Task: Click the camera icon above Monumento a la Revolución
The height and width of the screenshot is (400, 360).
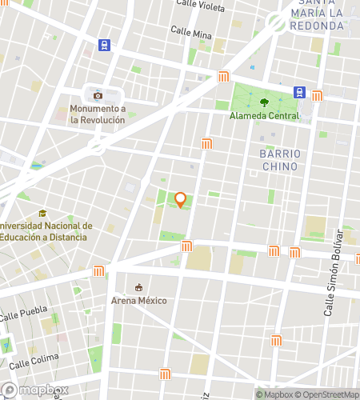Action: pos(98,94)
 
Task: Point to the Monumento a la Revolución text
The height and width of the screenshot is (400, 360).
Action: pos(98,114)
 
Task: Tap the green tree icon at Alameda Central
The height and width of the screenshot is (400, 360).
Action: pos(264,102)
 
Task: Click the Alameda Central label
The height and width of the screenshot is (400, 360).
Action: pos(264,116)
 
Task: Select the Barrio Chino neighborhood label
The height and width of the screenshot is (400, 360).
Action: pos(280,160)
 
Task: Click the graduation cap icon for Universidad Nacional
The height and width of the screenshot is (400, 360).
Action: pos(42,213)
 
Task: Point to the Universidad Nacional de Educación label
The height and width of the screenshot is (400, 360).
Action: pos(46,231)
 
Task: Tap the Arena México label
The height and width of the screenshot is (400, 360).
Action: pos(139,301)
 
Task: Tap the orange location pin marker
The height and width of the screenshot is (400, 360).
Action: pos(181,199)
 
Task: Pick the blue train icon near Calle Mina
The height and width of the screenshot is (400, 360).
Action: pos(104,45)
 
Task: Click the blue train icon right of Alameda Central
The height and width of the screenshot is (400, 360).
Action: pos(300,92)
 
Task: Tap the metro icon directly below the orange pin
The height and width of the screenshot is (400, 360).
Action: pos(186,246)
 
